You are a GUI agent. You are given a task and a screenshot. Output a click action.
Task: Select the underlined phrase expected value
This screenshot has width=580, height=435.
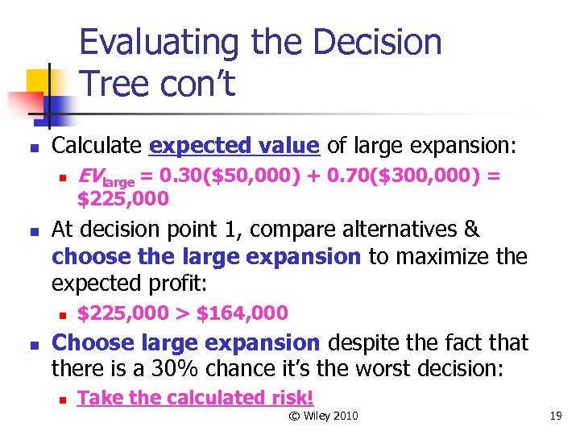[x=234, y=146]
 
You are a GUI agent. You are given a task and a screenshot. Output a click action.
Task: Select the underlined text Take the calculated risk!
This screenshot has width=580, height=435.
[x=195, y=397]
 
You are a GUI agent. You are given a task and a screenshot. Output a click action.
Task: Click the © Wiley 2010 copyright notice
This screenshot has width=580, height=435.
[x=323, y=416]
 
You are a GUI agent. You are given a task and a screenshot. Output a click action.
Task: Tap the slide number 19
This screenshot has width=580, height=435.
[x=554, y=416]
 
